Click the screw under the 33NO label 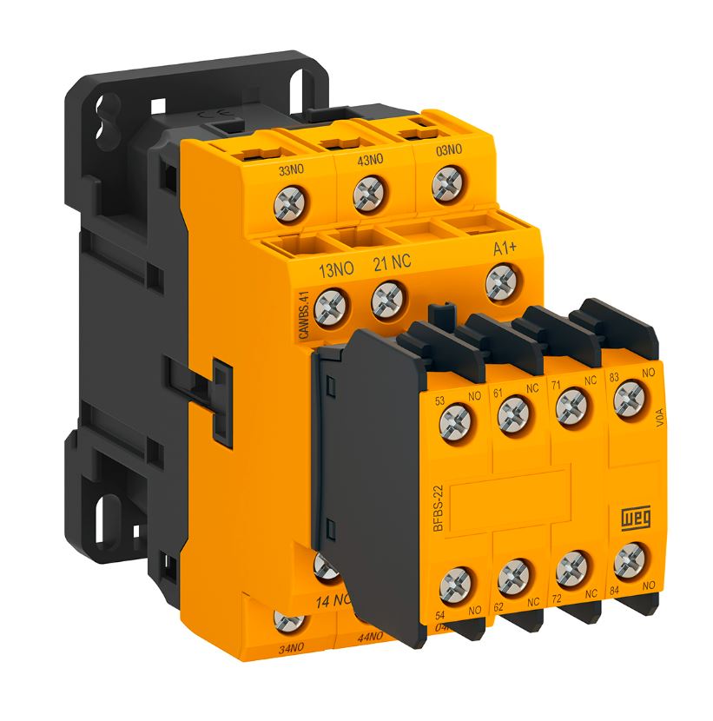click(287, 205)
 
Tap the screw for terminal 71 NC click(570, 405)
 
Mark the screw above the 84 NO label click(627, 561)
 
